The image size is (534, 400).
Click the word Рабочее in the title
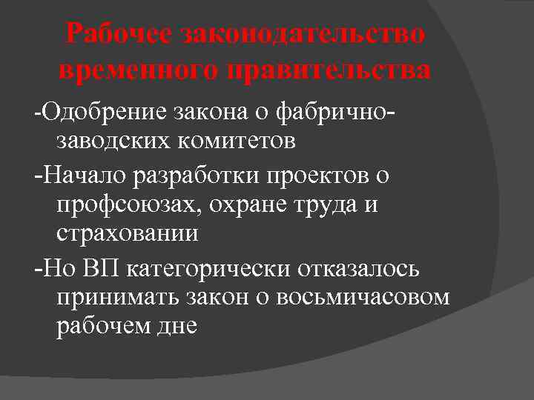(x=118, y=34)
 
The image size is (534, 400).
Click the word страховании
(x=127, y=233)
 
